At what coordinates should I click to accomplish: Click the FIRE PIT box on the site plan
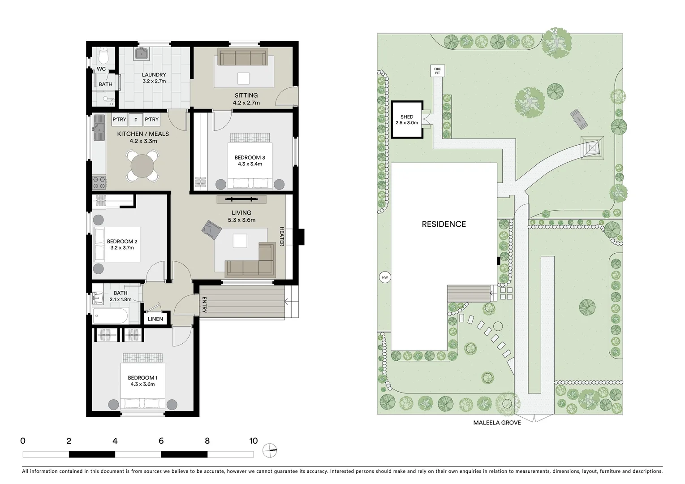[437, 71]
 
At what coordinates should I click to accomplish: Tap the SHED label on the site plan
[407, 117]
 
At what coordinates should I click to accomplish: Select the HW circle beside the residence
[384, 278]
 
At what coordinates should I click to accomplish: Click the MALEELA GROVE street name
[497, 423]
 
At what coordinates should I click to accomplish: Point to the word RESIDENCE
[444, 224]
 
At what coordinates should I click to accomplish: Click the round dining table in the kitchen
[142, 166]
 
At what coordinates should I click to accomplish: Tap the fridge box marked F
[136, 120]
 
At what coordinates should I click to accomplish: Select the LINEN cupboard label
[155, 319]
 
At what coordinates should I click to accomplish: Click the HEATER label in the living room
[282, 236]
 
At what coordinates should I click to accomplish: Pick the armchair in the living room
[211, 229]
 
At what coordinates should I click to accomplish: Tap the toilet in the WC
[103, 56]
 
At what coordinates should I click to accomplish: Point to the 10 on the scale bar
[253, 441]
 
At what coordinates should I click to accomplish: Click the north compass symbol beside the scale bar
[270, 450]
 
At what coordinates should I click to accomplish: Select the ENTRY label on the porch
[204, 305]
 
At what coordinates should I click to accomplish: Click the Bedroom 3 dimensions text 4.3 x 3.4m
[250, 164]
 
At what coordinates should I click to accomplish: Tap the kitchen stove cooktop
[99, 181]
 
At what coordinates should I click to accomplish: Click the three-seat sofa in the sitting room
[242, 58]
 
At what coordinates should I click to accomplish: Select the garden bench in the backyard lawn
[579, 118]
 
